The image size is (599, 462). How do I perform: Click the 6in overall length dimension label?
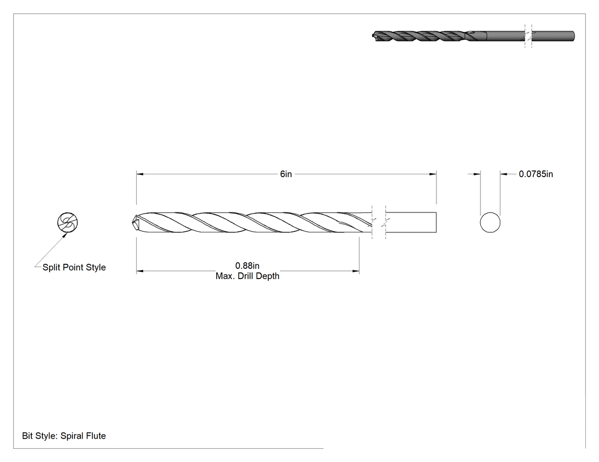[x=286, y=174]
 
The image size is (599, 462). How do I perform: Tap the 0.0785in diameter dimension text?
[x=536, y=174]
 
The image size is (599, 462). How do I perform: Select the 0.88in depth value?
[x=247, y=265]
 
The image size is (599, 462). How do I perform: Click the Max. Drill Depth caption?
[x=247, y=276]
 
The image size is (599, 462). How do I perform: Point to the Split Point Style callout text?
[x=74, y=267]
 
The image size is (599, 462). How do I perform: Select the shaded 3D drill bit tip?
[x=374, y=36]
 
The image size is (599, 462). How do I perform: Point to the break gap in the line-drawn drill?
[x=379, y=222]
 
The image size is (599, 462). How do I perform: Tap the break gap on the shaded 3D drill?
[x=528, y=36]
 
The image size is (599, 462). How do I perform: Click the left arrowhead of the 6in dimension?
[x=140, y=174]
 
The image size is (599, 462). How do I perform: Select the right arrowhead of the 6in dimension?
[x=433, y=174]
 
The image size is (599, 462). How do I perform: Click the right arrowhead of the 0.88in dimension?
[x=355, y=271]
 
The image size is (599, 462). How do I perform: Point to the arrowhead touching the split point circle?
[x=65, y=234]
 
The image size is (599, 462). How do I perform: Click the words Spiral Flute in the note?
[x=83, y=436]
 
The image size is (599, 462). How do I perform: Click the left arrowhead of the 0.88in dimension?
[x=140, y=271]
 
